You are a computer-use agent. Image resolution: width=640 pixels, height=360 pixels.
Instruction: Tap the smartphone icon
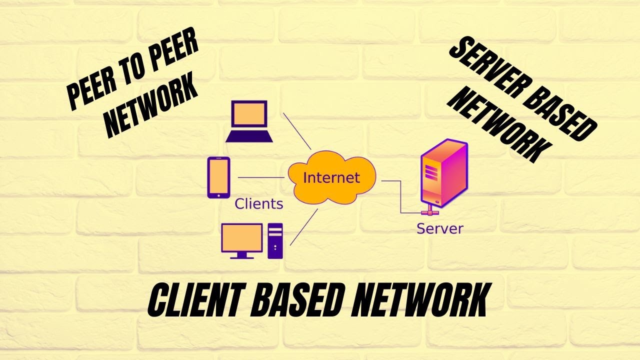click(x=218, y=177)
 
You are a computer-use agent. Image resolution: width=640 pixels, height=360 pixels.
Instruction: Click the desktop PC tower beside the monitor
click(x=275, y=241)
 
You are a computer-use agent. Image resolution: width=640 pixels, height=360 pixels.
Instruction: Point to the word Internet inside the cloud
click(x=331, y=177)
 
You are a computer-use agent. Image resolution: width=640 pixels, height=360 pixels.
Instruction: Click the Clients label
click(x=258, y=203)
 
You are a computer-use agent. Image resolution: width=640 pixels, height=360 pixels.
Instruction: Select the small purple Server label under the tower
click(x=440, y=229)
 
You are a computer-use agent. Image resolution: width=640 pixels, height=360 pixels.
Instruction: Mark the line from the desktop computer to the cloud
click(x=303, y=227)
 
